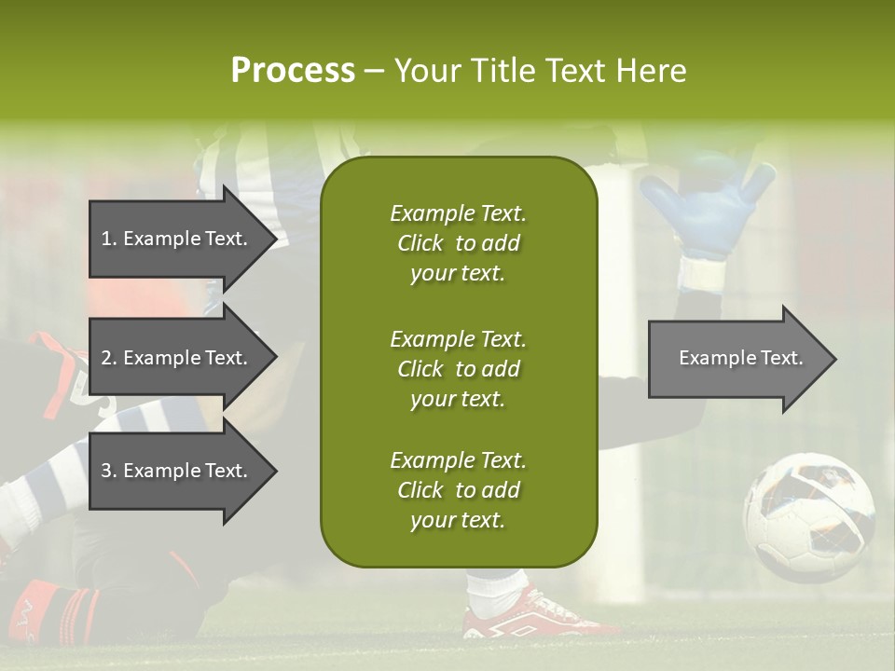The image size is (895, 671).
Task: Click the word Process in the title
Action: [293, 71]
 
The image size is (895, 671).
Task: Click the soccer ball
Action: [808, 517]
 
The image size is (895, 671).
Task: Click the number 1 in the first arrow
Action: [106, 239]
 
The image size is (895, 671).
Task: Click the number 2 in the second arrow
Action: [106, 358]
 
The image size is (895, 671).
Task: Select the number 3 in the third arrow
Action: [106, 471]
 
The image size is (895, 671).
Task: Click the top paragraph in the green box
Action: [458, 243]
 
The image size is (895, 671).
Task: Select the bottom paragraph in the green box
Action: [458, 490]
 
